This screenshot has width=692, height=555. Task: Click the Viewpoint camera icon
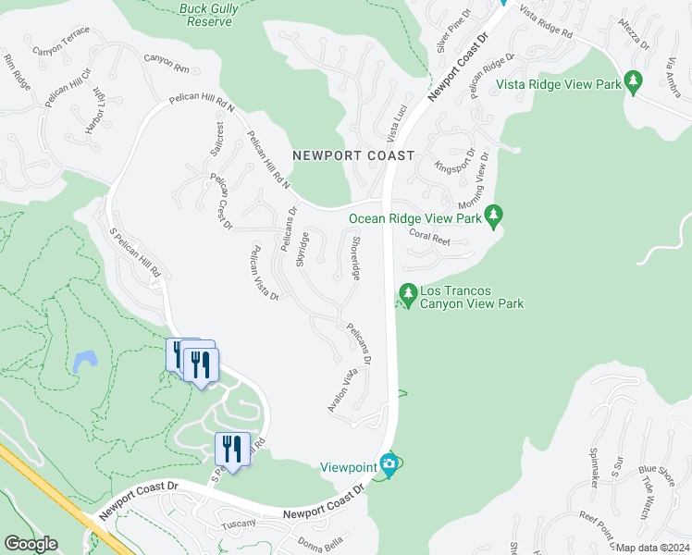coord(389,464)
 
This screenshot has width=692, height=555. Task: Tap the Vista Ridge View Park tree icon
coord(634,82)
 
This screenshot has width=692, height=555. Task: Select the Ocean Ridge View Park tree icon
coord(494,216)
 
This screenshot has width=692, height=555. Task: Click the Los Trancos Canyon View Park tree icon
coord(407,294)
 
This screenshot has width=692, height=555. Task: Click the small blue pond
coord(86,360)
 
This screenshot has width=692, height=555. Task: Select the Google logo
coord(31,544)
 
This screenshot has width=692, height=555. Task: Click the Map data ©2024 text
coord(652,548)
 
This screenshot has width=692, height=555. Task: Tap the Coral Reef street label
coord(428,237)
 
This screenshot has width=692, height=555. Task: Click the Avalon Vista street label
coord(341,390)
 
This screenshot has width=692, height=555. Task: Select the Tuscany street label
coord(237,524)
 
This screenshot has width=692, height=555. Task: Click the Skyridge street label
coord(303,249)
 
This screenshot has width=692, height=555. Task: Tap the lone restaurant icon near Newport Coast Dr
coord(232,450)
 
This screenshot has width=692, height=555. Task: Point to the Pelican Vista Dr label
coord(265,272)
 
